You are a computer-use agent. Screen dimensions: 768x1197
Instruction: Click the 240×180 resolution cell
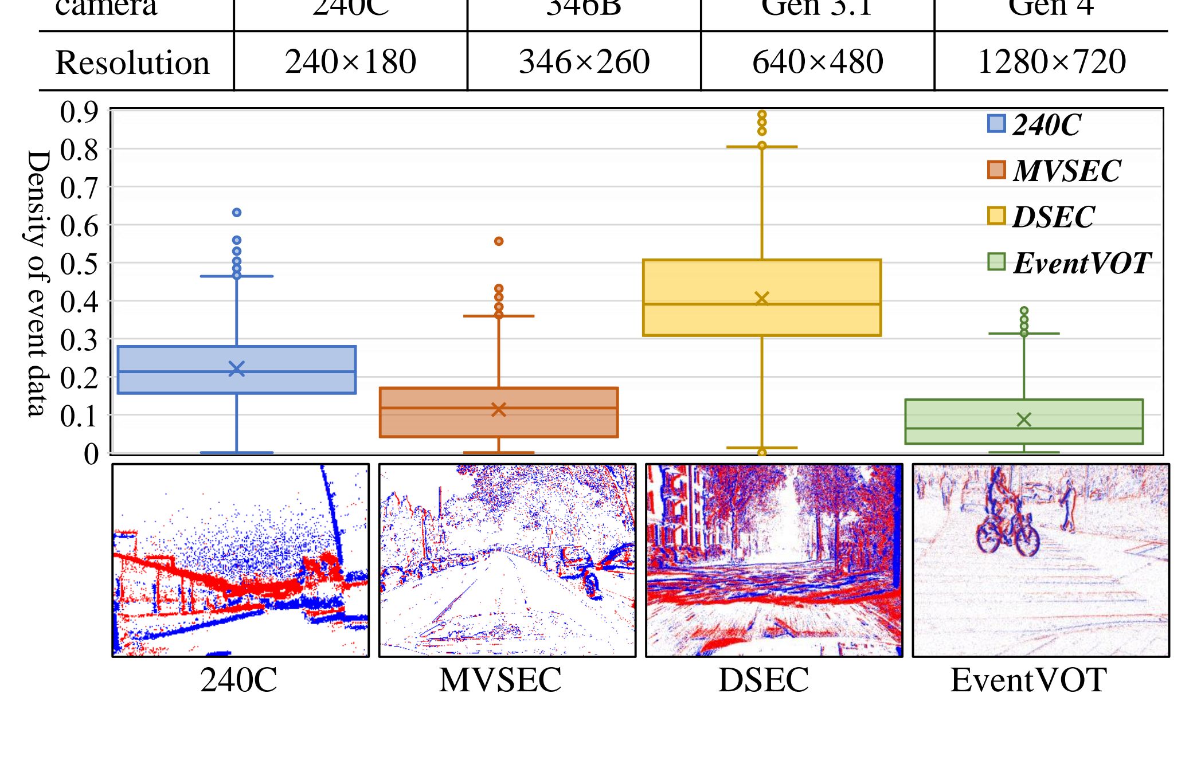click(350, 62)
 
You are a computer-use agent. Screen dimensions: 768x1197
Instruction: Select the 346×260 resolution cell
click(584, 62)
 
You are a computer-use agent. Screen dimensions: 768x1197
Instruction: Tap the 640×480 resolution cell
click(817, 62)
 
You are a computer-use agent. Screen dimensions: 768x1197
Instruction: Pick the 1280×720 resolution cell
click(1051, 62)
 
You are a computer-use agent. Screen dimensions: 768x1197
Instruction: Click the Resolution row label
click(132, 62)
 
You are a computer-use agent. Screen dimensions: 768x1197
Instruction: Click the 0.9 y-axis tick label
click(79, 112)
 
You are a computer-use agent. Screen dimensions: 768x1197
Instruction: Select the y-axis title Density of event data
click(38, 283)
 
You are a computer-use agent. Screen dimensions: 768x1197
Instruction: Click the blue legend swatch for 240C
click(996, 124)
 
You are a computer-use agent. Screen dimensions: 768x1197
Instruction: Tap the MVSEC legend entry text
click(1066, 171)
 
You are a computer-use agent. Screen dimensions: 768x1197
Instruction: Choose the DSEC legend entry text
click(1054, 217)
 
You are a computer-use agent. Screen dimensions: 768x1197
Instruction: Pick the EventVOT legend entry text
click(1081, 264)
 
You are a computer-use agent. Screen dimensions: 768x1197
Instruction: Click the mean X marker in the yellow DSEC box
click(762, 299)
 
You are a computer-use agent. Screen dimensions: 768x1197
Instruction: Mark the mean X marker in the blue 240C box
click(237, 369)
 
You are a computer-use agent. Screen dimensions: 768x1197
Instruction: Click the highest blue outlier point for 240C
click(237, 213)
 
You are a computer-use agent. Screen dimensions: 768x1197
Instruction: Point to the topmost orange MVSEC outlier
click(499, 241)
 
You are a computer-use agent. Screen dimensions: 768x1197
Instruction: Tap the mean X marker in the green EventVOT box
click(1024, 420)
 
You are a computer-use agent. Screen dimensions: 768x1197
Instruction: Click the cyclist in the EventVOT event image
click(1007, 522)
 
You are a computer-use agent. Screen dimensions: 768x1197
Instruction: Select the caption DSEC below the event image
click(764, 680)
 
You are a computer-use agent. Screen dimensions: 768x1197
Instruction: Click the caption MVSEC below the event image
click(500, 680)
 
